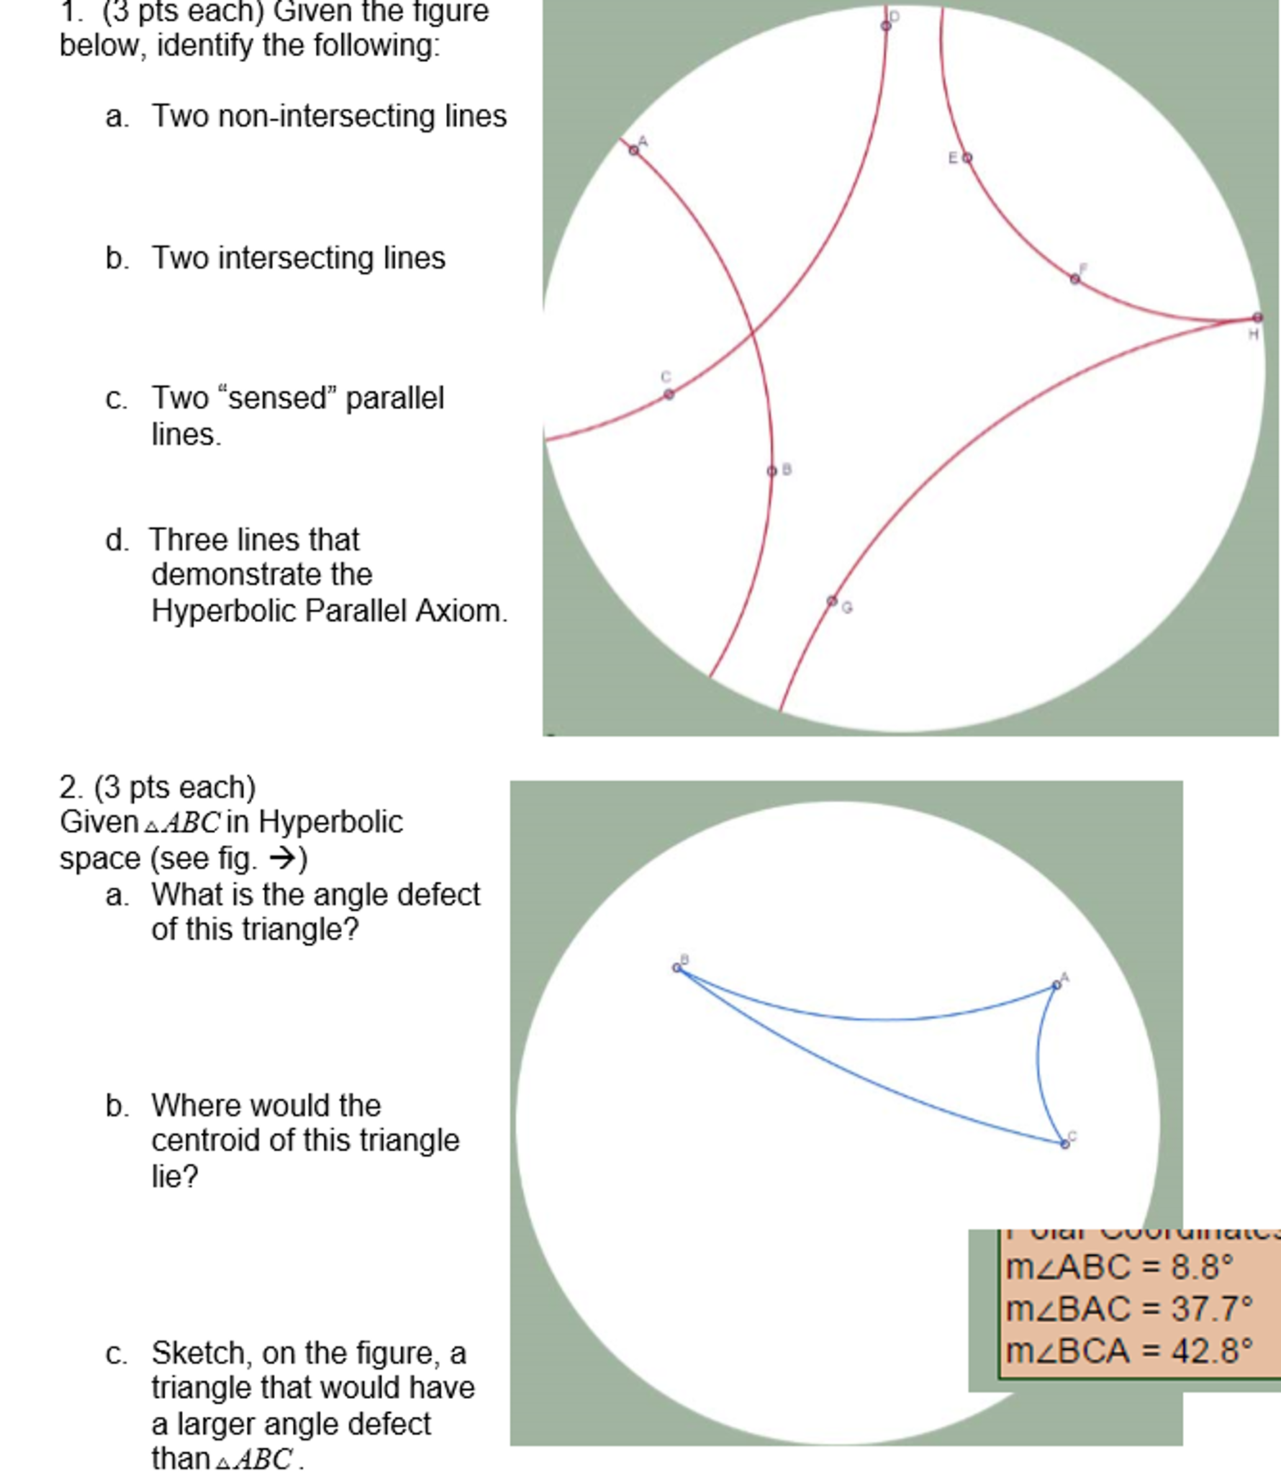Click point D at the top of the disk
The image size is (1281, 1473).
pos(886,26)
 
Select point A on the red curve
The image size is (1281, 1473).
pos(634,150)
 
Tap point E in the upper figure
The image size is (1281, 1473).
pos(967,158)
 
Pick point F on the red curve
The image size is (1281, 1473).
pos(1074,279)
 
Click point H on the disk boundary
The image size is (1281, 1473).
pos(1257,317)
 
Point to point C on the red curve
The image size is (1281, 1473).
pos(669,394)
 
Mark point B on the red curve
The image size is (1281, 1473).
pos(772,471)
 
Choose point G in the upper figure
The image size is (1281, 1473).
pos(832,600)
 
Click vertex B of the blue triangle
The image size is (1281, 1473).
pos(676,968)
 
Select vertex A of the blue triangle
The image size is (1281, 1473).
pos(1056,984)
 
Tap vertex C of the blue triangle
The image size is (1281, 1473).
pos(1065,1144)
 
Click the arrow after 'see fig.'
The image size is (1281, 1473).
pos(283,858)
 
